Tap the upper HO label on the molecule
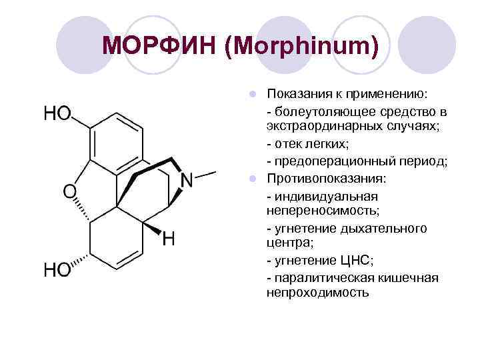57,114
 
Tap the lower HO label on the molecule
57,269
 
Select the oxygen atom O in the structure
69,191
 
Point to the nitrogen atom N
187,180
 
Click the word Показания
300,93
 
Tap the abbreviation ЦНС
358,260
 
